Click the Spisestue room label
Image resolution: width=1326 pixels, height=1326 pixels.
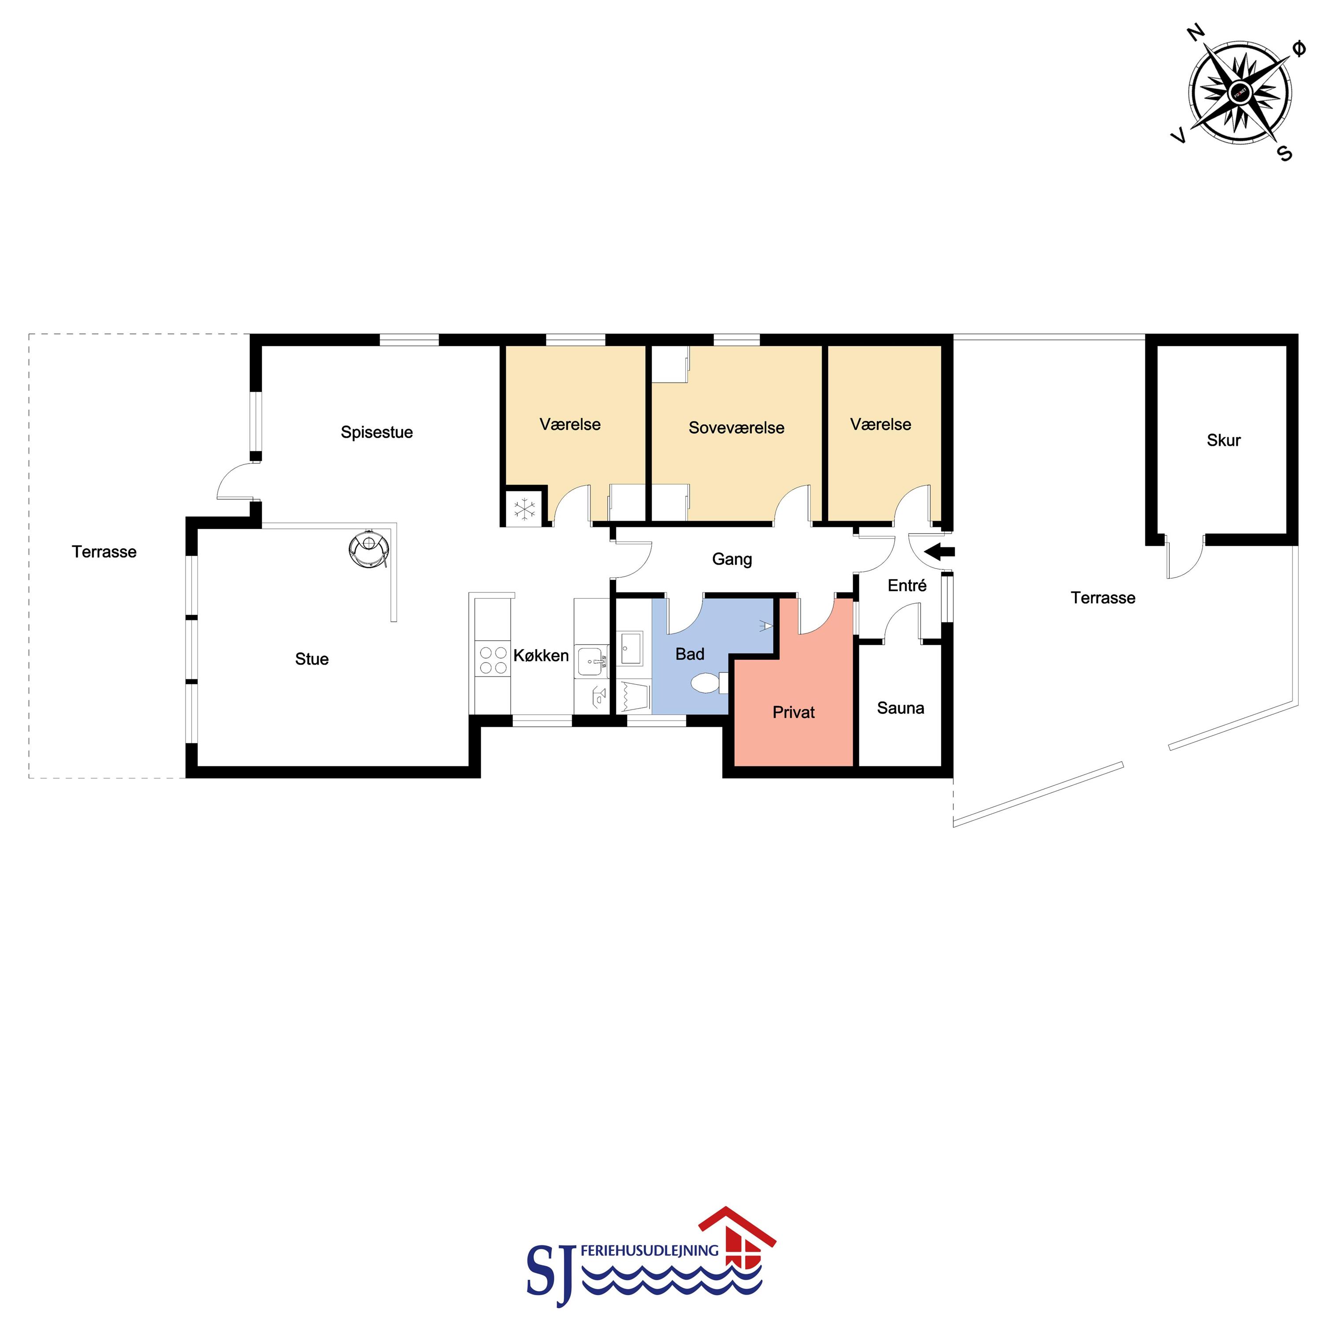tap(377, 432)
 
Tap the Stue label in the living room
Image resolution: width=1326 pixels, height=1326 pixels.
tap(312, 659)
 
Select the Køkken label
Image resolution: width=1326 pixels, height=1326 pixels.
tap(541, 655)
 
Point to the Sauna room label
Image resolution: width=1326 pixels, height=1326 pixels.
tap(900, 708)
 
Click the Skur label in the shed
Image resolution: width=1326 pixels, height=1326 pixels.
tap(1224, 440)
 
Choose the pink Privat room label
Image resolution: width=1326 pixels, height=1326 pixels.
tap(793, 713)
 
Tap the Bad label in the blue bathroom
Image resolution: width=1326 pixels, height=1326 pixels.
tap(690, 654)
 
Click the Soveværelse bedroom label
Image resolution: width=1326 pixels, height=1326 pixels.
tap(736, 427)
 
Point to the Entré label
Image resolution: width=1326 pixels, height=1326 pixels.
tap(906, 586)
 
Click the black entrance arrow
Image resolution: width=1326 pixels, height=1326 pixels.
tap(940, 551)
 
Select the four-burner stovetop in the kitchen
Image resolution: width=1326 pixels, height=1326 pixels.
tap(493, 660)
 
